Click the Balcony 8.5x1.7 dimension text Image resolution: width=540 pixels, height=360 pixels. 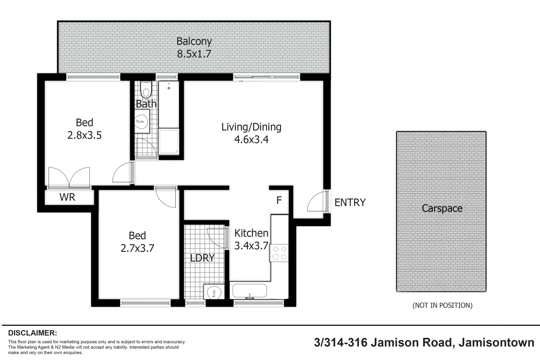pyautogui.click(x=194, y=54)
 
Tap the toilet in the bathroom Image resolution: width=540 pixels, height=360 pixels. pyautogui.click(x=146, y=89)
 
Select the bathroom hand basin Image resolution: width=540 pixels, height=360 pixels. pyautogui.click(x=142, y=122)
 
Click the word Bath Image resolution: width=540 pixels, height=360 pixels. pyautogui.click(x=146, y=104)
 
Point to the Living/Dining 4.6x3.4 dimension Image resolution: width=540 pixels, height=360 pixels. pyautogui.click(x=251, y=139)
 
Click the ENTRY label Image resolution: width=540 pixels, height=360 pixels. pyautogui.click(x=350, y=202)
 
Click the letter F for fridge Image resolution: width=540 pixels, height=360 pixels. pyautogui.click(x=279, y=200)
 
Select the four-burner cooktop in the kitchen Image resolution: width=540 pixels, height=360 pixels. pyautogui.click(x=279, y=253)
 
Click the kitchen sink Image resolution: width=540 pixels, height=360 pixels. pyautogui.click(x=249, y=291)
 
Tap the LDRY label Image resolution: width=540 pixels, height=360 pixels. pyautogui.click(x=202, y=258)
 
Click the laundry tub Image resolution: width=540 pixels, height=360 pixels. pyautogui.click(x=214, y=293)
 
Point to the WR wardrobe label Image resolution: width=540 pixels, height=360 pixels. pyautogui.click(x=67, y=197)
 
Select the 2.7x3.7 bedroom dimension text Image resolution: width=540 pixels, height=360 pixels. pyautogui.click(x=137, y=248)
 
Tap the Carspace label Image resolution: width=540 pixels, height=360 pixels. pyautogui.click(x=442, y=208)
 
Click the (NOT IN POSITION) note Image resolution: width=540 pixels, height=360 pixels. pyautogui.click(x=442, y=305)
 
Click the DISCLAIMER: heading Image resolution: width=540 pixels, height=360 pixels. pyautogui.click(x=32, y=333)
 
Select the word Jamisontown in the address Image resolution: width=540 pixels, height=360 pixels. pyautogui.click(x=496, y=342)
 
